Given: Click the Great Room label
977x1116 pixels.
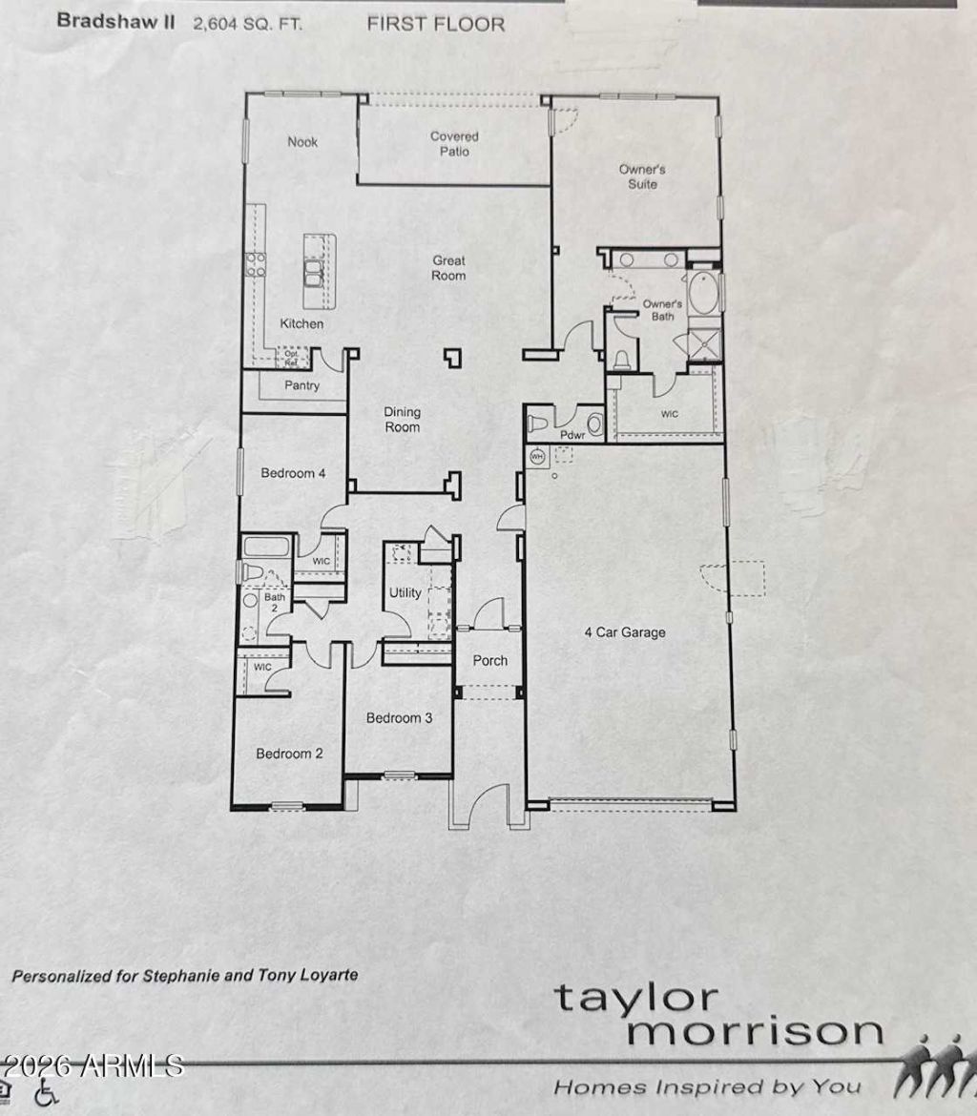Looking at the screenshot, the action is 448,268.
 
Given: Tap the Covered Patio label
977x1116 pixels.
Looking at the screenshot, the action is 454,143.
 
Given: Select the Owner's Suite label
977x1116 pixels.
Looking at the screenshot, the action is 642,176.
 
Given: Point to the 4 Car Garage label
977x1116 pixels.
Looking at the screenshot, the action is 625,632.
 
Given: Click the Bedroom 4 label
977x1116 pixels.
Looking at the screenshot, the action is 293,473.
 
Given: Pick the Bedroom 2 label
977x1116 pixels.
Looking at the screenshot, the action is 289,754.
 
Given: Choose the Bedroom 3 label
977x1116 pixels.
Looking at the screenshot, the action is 399,718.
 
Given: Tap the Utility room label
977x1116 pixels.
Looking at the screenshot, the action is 405,593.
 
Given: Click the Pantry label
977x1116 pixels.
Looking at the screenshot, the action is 301,385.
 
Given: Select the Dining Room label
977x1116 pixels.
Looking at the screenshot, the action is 403,419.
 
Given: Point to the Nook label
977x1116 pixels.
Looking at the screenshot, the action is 302,141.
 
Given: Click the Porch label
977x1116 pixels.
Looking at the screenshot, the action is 490,660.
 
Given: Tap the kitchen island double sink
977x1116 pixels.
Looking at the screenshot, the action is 313,273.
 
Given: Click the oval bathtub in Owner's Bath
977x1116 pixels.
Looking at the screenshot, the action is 703,292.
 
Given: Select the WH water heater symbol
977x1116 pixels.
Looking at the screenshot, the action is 538,456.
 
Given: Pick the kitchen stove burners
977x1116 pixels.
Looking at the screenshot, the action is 256,265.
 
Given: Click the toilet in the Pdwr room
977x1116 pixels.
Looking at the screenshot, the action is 537,424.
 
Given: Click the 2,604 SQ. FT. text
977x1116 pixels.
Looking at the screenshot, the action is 248,24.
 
